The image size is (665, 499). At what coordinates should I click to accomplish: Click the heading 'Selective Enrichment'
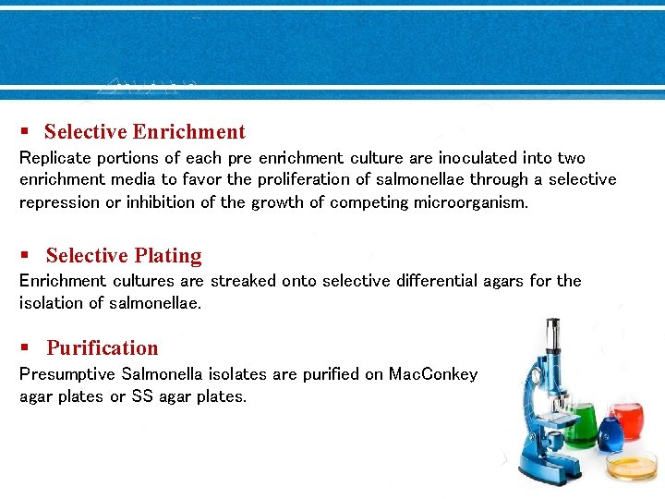[145, 132]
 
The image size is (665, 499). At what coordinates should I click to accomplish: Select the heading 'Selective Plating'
[124, 256]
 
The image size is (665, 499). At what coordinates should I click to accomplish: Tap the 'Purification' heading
[103, 348]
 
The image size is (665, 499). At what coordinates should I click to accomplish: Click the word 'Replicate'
[54, 158]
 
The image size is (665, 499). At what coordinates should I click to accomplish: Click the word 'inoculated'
[478, 158]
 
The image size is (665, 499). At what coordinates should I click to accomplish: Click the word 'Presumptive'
[66, 374]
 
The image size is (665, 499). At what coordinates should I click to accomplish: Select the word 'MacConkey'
[433, 374]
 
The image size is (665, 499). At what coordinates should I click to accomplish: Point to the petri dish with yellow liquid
[633, 467]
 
